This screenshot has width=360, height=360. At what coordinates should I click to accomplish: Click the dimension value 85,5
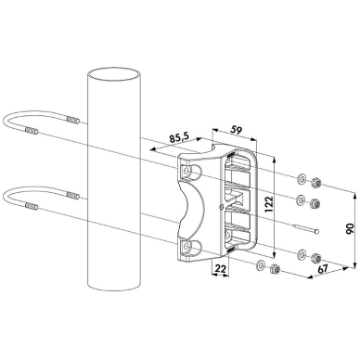(181, 137)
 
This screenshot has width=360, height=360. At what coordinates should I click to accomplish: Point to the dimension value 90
(350, 230)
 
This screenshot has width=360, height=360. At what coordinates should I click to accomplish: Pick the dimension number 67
(323, 268)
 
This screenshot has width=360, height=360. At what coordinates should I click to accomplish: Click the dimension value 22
(220, 268)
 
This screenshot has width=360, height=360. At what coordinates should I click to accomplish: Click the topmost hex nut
(316, 182)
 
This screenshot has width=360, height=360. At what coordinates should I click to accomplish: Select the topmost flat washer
(301, 178)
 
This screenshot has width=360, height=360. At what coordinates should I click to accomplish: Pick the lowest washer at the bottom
(261, 264)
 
